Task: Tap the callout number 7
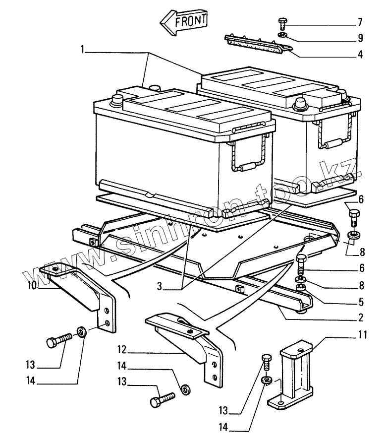pos(360,23)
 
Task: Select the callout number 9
pos(360,38)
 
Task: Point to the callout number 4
pos(360,54)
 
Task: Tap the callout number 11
pos(362,335)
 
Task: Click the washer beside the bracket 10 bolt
pos(82,331)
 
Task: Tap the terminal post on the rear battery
pos(300,104)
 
